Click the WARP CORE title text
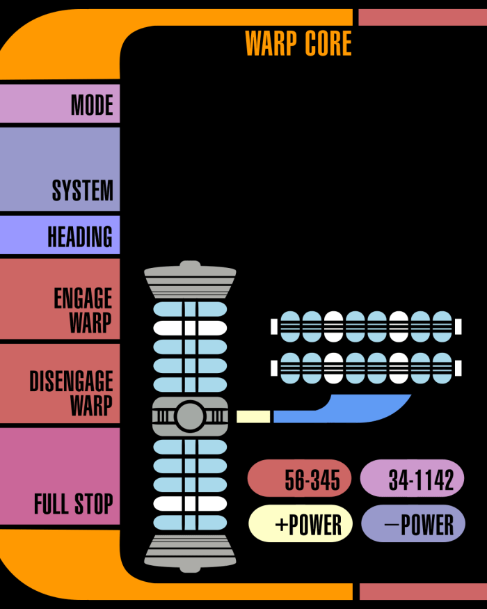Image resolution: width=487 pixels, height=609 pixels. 298,44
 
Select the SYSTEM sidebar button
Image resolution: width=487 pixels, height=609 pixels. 60,169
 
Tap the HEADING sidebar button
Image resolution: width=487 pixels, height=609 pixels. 60,235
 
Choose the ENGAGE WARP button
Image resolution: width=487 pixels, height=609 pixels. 60,300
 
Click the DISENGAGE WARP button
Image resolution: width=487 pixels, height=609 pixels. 60,383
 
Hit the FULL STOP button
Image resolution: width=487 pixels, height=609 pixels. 60,476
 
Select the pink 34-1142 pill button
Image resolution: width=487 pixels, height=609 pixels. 413,479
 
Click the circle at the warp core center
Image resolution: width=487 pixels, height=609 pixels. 189,417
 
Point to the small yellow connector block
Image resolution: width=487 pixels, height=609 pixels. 253,417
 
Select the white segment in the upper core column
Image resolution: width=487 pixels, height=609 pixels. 190,327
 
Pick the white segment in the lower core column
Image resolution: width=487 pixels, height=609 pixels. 190,503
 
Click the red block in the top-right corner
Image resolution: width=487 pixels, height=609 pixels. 422,17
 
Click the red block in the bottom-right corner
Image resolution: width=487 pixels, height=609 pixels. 422,592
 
